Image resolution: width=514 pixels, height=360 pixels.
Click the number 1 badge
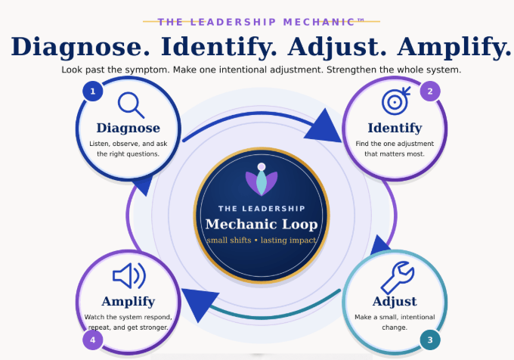(x=93, y=92)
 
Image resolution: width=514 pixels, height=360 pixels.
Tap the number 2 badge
(x=430, y=92)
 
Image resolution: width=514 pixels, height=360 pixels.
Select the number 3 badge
(x=430, y=340)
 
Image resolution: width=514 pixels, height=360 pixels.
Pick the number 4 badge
(x=93, y=340)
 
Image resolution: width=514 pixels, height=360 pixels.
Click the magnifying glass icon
(x=131, y=105)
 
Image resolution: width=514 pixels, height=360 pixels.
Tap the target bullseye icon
(x=396, y=101)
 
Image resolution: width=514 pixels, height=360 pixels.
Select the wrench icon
(x=398, y=278)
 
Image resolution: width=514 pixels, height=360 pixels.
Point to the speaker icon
(x=129, y=276)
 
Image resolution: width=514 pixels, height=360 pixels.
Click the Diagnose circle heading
(x=128, y=128)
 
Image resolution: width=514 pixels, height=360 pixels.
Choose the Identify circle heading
(x=395, y=129)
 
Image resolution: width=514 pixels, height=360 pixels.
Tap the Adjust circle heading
(x=395, y=301)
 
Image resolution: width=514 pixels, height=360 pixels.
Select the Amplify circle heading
(x=128, y=302)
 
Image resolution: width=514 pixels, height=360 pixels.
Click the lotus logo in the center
(x=262, y=180)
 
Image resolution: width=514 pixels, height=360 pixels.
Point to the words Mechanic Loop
(x=262, y=225)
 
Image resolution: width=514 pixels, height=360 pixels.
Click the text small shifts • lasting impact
(x=262, y=241)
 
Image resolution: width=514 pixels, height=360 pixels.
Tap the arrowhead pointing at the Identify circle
(x=324, y=127)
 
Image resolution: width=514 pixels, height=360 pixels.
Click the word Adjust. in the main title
(x=337, y=47)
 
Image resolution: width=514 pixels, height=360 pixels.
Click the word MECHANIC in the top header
(x=320, y=22)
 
